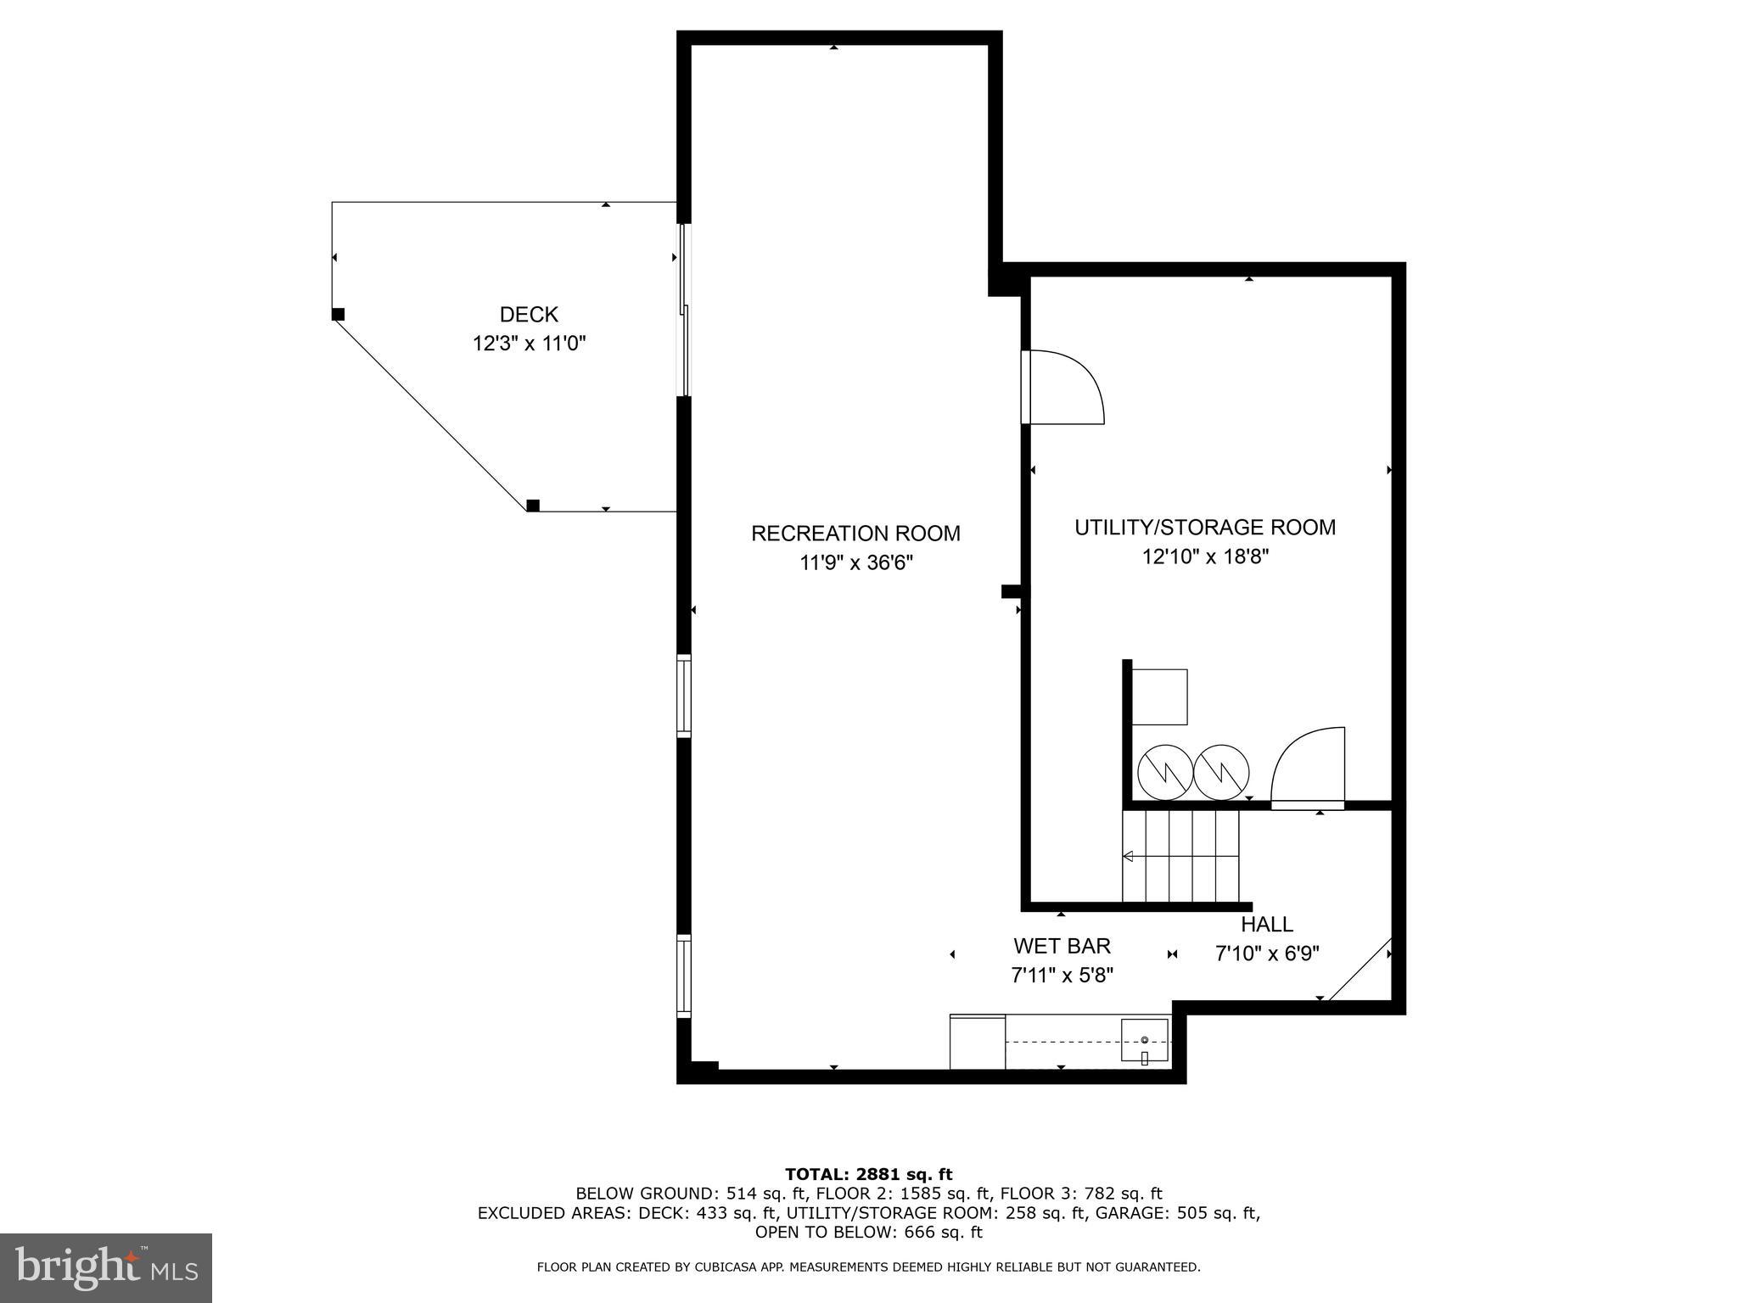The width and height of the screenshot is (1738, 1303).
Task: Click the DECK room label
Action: click(529, 315)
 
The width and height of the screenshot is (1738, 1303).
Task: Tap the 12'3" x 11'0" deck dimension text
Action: click(530, 344)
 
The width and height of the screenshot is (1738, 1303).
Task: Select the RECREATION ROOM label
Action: click(855, 534)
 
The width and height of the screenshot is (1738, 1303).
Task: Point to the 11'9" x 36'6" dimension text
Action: click(855, 562)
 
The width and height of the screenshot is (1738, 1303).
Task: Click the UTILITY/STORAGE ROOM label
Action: click(1205, 528)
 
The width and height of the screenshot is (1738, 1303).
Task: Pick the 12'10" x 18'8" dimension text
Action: click(1205, 556)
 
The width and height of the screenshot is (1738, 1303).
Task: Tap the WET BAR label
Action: click(1062, 946)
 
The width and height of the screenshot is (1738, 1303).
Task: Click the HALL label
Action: click(1267, 925)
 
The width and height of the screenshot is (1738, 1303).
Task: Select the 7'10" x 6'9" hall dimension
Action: click(1267, 953)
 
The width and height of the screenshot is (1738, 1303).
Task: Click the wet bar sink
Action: click(1144, 1041)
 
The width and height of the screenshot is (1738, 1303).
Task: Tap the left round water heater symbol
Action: click(1164, 772)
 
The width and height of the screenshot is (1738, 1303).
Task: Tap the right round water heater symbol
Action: click(1221, 772)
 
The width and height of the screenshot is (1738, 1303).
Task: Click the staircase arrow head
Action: click(1128, 856)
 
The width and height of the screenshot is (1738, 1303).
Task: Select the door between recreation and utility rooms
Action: click(1061, 388)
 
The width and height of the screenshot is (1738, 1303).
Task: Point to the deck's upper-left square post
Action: click(338, 314)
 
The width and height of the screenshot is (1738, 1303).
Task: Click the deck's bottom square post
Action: click(533, 506)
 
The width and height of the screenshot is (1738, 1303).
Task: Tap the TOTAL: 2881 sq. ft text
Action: click(868, 1174)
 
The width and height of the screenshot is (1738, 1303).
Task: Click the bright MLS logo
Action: click(106, 1267)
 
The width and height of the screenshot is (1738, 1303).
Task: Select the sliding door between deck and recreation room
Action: click(683, 310)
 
